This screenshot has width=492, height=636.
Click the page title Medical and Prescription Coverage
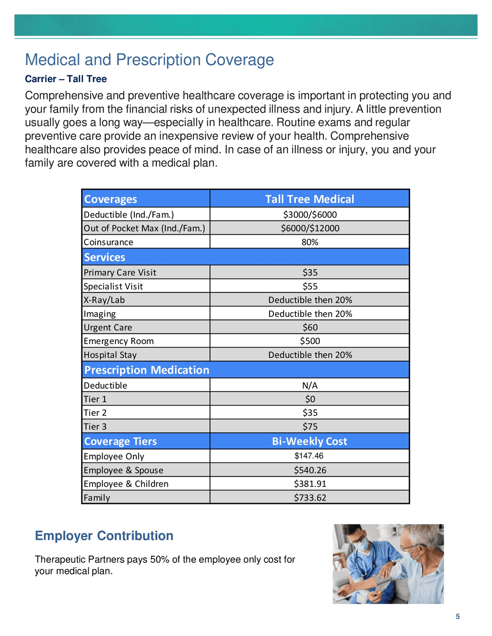click(x=149, y=60)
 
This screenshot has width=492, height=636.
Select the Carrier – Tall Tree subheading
click(x=66, y=79)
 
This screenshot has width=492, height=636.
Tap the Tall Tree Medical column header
click(x=309, y=199)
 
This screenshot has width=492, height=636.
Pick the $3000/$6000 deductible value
click(x=310, y=215)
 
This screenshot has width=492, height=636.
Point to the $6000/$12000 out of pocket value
click(x=310, y=228)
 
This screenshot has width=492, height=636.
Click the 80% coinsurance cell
click(x=310, y=242)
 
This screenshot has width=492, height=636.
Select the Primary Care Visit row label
click(x=120, y=273)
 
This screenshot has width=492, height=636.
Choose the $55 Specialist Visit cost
click(x=310, y=286)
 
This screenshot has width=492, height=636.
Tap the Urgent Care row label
click(x=108, y=328)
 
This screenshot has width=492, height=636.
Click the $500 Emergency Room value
click(x=310, y=341)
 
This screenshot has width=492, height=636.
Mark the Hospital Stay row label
click(x=110, y=355)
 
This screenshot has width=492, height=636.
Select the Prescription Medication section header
click(x=146, y=370)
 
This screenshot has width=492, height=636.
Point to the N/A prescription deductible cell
click(x=310, y=386)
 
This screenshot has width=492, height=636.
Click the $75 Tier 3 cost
click(x=310, y=427)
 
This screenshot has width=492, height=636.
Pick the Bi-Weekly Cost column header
click(x=309, y=442)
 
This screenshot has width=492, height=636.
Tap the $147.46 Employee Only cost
click(x=309, y=456)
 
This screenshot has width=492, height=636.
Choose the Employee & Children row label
click(x=126, y=484)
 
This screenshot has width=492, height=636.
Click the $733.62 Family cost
click(x=310, y=498)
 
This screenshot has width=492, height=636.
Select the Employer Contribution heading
click(x=104, y=536)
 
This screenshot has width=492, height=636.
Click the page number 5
click(x=458, y=617)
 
